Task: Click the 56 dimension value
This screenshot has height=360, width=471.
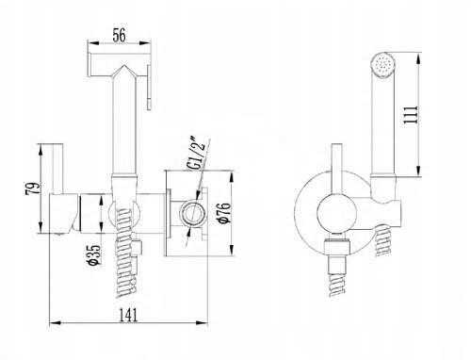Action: pos(119,35)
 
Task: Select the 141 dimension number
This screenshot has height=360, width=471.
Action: pos(129,315)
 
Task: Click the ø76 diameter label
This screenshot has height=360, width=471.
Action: pos(225,214)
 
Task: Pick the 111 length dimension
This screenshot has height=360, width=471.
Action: pos(412,115)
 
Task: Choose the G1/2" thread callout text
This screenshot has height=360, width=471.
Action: pos(197,153)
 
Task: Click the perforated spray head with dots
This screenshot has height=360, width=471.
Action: pos(382,64)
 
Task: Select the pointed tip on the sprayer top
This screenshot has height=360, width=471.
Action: pos(124,66)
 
